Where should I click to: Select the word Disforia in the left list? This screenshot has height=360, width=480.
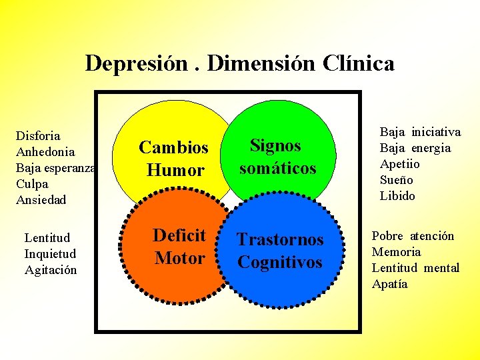click(x=38, y=136)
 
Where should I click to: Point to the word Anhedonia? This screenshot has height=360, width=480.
click(x=45, y=152)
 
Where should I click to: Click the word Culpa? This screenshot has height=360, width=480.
click(x=32, y=183)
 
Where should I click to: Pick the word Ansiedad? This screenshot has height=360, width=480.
click(x=41, y=199)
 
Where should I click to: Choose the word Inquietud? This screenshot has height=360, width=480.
click(x=50, y=254)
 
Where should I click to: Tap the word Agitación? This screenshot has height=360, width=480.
click(x=50, y=270)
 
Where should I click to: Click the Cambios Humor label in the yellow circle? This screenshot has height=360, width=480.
click(x=173, y=159)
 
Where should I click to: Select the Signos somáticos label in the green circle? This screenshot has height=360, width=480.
click(x=277, y=157)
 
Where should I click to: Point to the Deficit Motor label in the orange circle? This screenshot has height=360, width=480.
click(x=179, y=246)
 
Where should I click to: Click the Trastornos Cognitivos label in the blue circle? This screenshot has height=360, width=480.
click(x=280, y=251)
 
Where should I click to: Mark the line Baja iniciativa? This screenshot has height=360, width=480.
click(x=420, y=132)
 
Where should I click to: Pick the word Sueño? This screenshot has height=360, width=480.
click(x=397, y=180)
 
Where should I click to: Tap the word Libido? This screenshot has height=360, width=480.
click(x=397, y=196)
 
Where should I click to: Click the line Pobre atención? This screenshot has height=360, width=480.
click(x=413, y=236)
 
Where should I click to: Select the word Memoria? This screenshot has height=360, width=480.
click(x=396, y=252)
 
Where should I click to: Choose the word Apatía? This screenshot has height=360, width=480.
click(x=389, y=284)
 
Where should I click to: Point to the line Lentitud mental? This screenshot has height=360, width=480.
click(x=415, y=268)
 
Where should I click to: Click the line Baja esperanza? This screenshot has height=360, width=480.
click(x=56, y=168)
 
